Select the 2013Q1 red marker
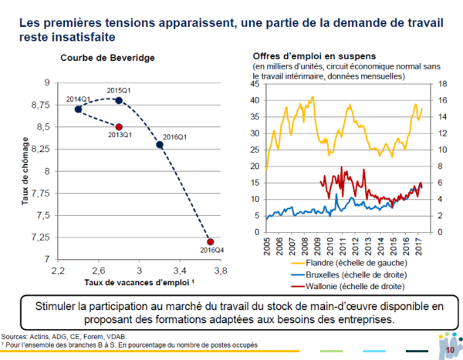click(x=118, y=126)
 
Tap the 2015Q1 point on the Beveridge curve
click(x=118, y=100)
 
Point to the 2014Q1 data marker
click(x=78, y=109)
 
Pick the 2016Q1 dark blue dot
click(x=159, y=144)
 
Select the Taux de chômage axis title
click(x=26, y=170)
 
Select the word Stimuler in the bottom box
click(x=59, y=306)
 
